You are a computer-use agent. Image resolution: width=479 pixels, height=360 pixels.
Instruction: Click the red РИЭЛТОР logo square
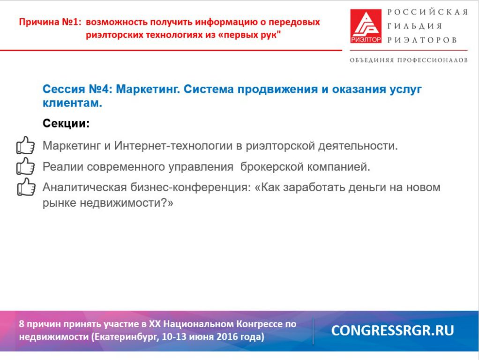click(x=366, y=26)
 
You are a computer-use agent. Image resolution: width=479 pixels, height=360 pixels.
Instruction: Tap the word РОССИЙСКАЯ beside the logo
click(x=427, y=12)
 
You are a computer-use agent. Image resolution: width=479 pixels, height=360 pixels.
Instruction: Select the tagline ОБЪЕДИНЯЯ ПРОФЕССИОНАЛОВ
click(x=409, y=60)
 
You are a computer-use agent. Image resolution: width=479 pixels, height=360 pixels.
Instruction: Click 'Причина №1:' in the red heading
click(x=50, y=22)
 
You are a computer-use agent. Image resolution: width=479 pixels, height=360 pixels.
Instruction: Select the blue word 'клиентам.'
click(x=72, y=103)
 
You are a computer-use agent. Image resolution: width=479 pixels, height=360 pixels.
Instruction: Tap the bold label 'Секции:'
click(x=66, y=123)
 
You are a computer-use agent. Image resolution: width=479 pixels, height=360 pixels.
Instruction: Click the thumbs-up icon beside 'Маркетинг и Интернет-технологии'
click(x=25, y=145)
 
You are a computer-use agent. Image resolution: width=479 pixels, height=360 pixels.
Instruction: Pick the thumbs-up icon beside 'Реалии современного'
click(x=25, y=166)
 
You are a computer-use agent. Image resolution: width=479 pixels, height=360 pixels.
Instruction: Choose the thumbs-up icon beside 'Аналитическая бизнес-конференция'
click(x=26, y=187)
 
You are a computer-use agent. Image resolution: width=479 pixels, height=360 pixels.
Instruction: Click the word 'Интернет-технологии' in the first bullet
click(x=173, y=146)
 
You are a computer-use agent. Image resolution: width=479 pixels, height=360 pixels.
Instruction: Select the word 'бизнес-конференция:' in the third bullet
click(x=191, y=187)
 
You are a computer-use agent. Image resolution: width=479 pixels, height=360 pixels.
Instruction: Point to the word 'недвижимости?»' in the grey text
click(x=127, y=202)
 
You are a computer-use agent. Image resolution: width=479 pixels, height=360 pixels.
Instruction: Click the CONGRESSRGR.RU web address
click(x=393, y=330)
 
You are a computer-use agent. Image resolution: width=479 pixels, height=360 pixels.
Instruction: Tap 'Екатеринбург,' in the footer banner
click(x=126, y=337)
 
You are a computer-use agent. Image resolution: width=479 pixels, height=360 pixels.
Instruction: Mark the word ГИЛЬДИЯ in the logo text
click(x=415, y=26)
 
